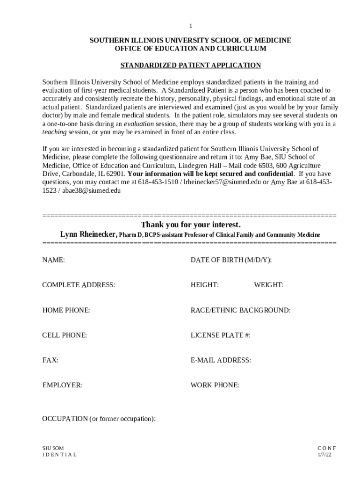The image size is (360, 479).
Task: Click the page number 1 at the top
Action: pyautogui.click(x=191, y=25)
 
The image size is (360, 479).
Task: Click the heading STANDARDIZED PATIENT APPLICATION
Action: pyautogui.click(x=190, y=65)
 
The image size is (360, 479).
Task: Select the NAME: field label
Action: pyautogui.click(x=53, y=260)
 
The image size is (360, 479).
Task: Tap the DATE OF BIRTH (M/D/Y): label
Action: pyautogui.click(x=231, y=260)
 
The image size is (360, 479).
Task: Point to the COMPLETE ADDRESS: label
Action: pyautogui.click(x=79, y=285)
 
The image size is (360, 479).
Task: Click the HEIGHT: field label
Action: pyautogui.click(x=205, y=285)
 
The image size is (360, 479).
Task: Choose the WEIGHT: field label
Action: pyautogui.click(x=269, y=285)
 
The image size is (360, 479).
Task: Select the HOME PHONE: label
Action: pyautogui.click(x=66, y=310)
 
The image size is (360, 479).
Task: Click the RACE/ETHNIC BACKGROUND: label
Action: pyautogui.click(x=240, y=310)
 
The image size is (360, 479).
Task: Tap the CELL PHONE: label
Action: pyautogui.click(x=65, y=335)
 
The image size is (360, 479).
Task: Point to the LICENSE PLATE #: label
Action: pyautogui.click(x=221, y=335)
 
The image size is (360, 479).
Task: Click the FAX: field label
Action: pyautogui.click(x=50, y=360)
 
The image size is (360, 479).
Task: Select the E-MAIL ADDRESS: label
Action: pyautogui.click(x=221, y=360)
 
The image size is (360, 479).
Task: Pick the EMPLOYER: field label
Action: pyautogui.click(x=62, y=385)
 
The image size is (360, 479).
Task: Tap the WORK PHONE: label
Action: pyautogui.click(x=215, y=385)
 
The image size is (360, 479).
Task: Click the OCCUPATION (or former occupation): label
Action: pyautogui.click(x=99, y=419)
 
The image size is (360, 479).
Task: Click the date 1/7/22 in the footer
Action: pyautogui.click(x=325, y=454)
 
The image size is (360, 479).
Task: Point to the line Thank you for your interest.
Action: pyautogui.click(x=191, y=224)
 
